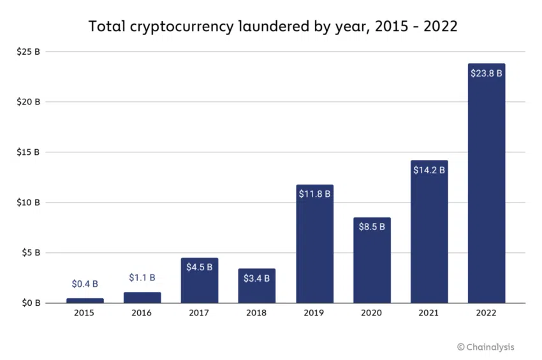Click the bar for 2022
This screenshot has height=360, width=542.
[x=486, y=191]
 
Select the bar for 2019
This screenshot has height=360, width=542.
[x=314, y=248]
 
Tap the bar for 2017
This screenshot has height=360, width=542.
[x=200, y=284]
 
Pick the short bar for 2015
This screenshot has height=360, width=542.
[x=85, y=300]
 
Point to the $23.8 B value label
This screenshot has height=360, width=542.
[x=486, y=73]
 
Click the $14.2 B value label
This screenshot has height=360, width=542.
[x=428, y=170]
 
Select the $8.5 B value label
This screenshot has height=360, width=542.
[x=371, y=227]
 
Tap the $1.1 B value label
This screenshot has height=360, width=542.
[x=142, y=278]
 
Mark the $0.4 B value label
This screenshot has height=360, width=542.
[x=85, y=284]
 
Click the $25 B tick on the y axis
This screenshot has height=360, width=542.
[x=29, y=52]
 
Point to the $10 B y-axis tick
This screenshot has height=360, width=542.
[x=29, y=203]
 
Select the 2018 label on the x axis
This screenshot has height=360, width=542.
[x=256, y=313]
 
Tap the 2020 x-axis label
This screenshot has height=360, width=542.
[x=371, y=313]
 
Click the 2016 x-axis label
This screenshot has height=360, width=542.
[x=142, y=313]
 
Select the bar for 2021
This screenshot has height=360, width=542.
[x=428, y=236]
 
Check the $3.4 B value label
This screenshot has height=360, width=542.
[x=256, y=278]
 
